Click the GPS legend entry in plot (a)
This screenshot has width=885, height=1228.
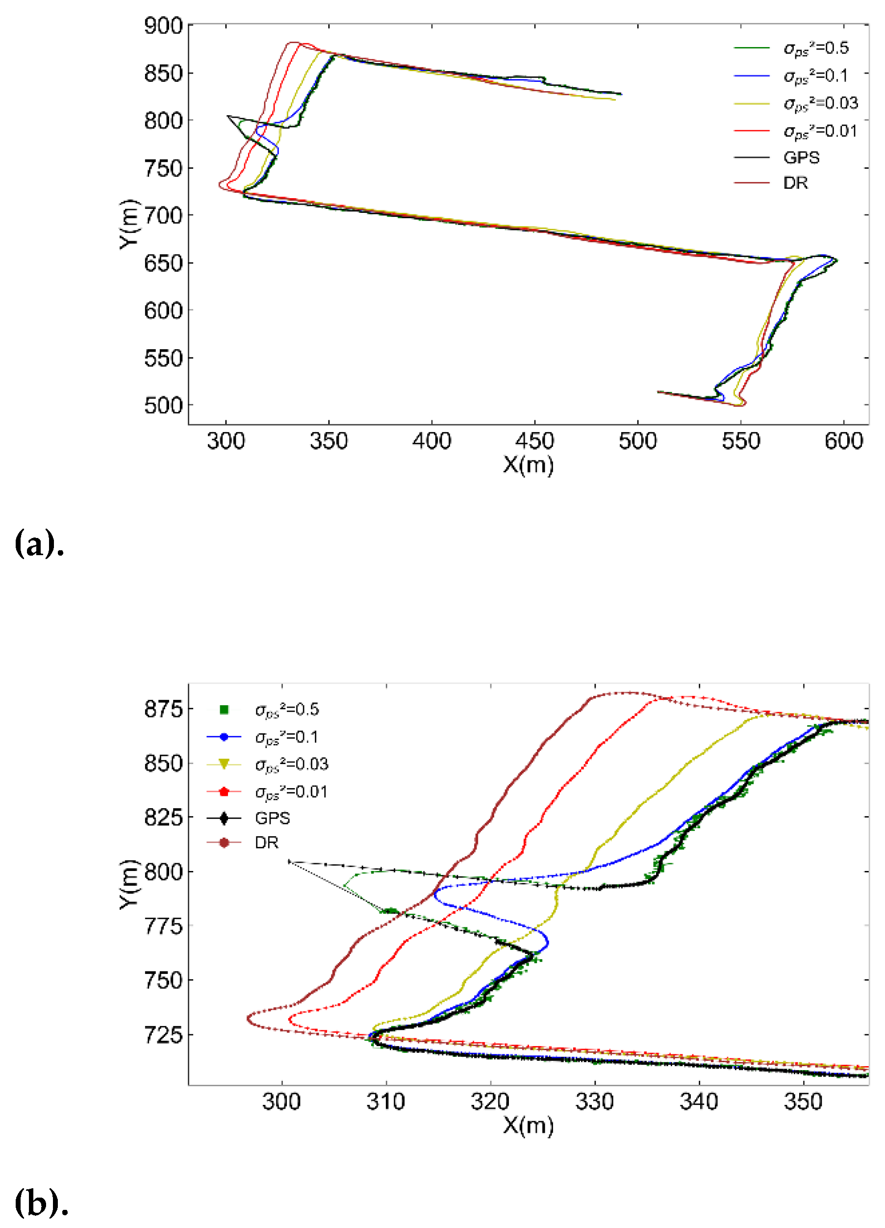pos(801,157)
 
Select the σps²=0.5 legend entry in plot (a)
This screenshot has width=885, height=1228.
pos(815,48)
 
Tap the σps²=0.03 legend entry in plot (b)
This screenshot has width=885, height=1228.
pos(291,764)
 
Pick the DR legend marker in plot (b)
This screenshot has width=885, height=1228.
pos(224,843)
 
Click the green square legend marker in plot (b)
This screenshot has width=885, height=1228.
pos(224,710)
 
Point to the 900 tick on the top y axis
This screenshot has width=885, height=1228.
pos(163,26)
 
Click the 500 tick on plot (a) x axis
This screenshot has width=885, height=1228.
pos(637,441)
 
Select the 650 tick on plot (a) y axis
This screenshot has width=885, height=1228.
pos(163,264)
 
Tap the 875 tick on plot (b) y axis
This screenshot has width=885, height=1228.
pos(163,709)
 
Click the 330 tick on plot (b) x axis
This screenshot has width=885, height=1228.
pos(594,1102)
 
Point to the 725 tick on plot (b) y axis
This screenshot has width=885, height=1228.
pos(163,1035)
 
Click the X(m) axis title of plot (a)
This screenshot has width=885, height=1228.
pos(528,464)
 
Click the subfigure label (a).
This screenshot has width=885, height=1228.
pos(39,543)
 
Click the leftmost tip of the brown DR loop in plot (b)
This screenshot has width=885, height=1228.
pos(248,1019)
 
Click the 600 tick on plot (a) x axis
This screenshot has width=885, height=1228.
pos(843,441)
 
